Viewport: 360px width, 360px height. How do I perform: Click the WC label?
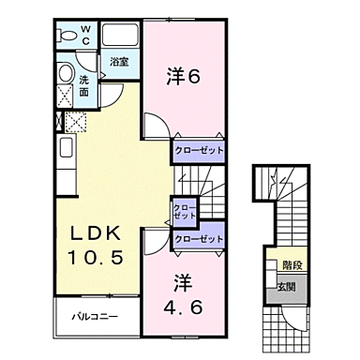pos(83,36)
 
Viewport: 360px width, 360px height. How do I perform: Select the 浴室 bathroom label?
pos(119,63)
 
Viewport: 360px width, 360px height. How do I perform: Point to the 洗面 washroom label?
pos(84,86)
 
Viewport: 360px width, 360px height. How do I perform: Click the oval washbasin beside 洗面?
pos(66,74)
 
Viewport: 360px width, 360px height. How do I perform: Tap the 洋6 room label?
pos(185,77)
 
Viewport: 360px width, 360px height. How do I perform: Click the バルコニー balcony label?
pos(95,317)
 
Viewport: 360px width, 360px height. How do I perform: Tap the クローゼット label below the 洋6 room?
pos(197,149)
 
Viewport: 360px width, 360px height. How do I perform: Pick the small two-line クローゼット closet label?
pos(182,211)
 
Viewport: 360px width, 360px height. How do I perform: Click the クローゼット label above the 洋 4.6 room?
pos(198,240)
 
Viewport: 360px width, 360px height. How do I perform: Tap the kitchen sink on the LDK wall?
pos(66,148)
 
